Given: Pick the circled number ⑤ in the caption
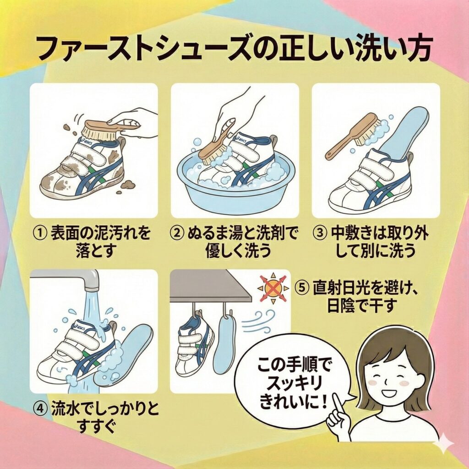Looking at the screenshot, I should [x=302, y=289].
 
